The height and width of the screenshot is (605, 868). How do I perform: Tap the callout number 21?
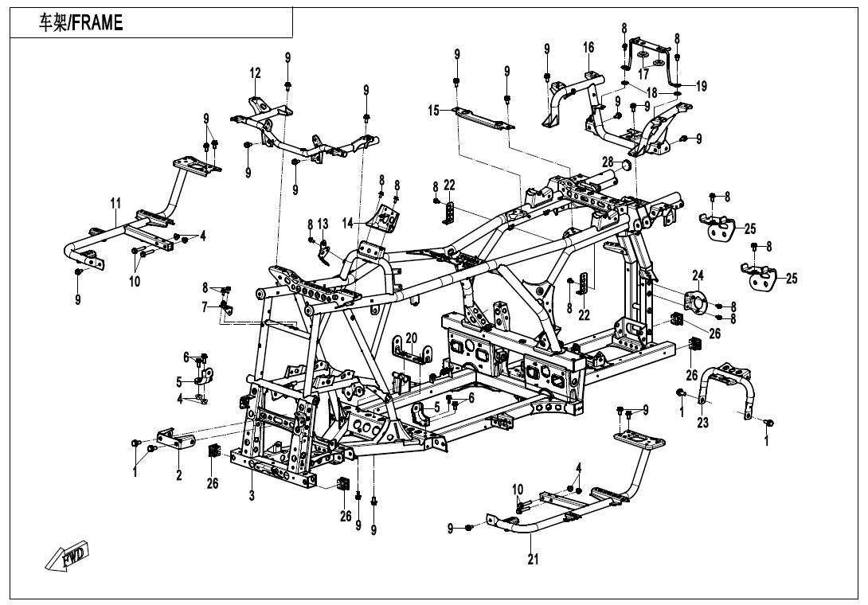(533, 560)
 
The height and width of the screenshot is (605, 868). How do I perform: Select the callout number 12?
(255, 73)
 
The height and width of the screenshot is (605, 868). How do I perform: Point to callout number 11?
(115, 205)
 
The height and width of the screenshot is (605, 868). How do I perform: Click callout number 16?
(588, 48)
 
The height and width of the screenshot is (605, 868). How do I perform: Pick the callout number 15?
(434, 111)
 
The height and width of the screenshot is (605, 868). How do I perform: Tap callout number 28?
(608, 162)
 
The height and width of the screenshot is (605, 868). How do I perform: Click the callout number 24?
(698, 276)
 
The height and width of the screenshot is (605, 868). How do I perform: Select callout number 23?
(702, 423)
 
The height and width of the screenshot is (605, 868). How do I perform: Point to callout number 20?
(411, 338)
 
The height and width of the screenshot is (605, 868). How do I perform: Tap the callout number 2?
(179, 475)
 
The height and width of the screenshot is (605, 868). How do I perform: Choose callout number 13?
(323, 224)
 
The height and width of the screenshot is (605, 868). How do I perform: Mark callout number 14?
(348, 224)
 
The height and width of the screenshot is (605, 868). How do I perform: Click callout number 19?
(701, 87)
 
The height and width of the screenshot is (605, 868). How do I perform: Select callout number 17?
(643, 74)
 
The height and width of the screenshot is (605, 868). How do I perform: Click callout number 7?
(205, 306)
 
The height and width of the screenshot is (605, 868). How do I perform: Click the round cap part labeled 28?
(625, 166)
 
